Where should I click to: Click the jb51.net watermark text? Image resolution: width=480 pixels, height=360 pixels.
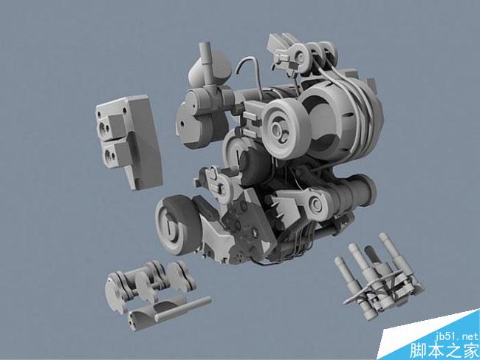pos(456,337)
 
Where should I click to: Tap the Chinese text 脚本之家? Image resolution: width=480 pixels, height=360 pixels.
pos(444,351)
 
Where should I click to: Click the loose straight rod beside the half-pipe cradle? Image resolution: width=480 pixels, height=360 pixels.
pos(182,309)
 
